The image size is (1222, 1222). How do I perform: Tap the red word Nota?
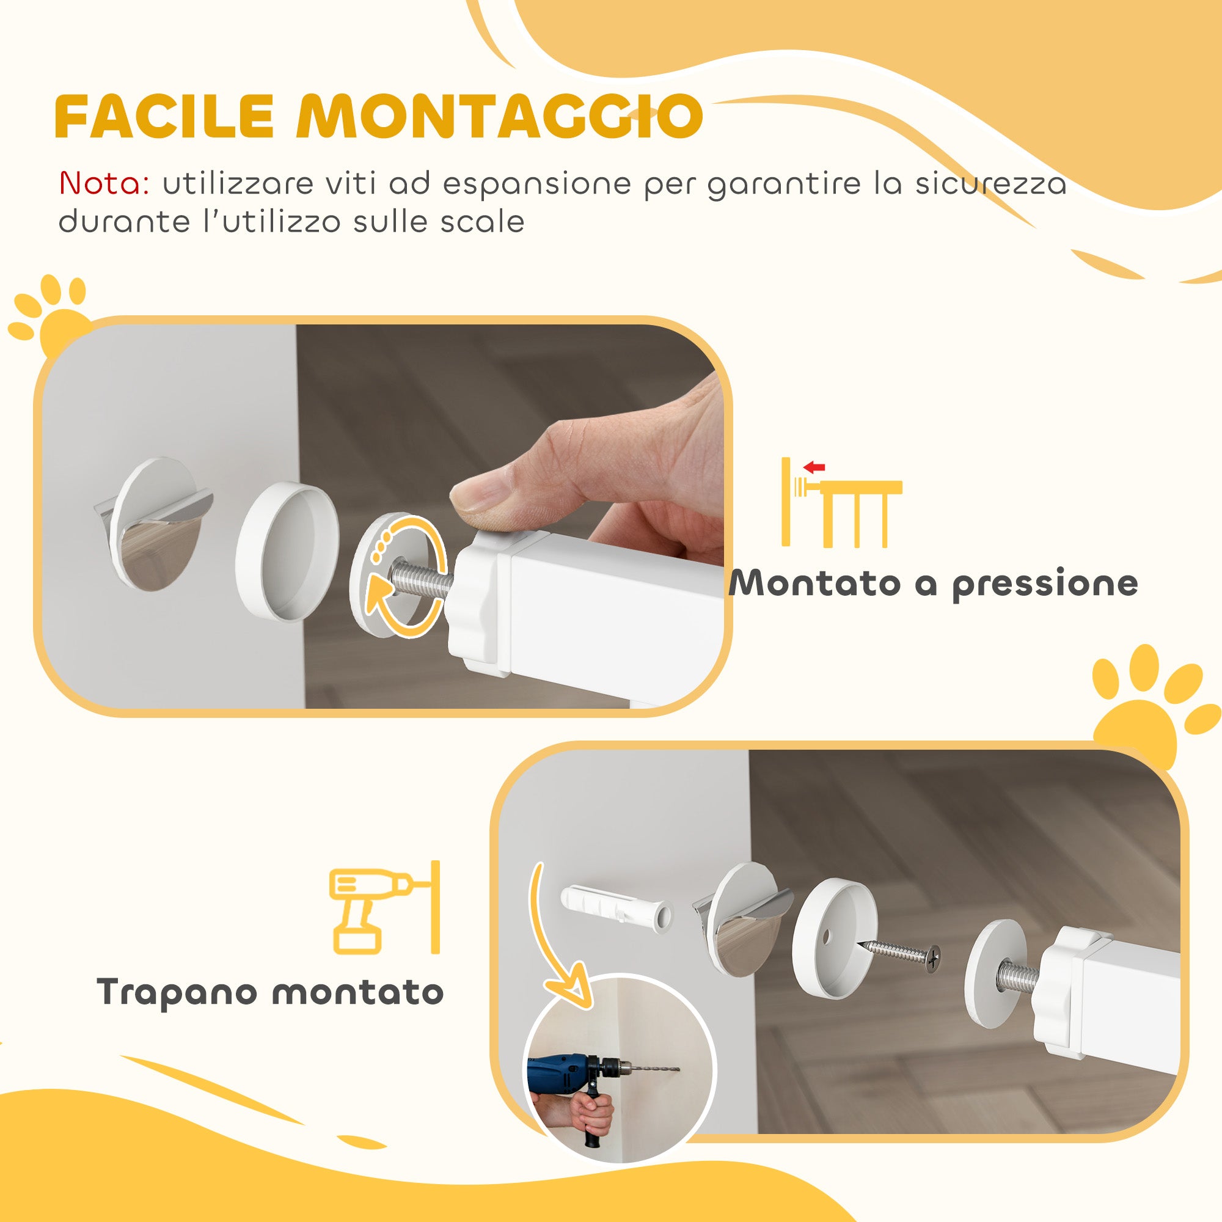103,184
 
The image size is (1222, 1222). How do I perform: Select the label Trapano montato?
270,992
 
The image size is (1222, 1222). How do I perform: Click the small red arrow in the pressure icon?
816,468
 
